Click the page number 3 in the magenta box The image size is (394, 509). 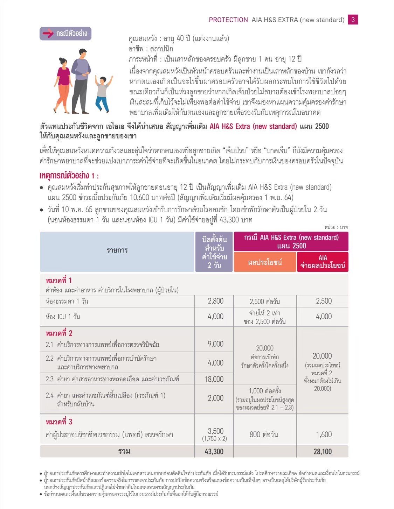click(x=353, y=20)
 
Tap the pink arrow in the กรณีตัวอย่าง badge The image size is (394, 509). click(x=48, y=34)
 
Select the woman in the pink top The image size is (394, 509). click(x=63, y=84)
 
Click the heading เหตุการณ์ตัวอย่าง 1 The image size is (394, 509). click(x=69, y=175)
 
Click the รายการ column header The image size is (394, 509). click(x=117, y=250)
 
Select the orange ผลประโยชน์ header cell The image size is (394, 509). click(x=265, y=262)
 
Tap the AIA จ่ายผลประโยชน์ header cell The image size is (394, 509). click(x=323, y=262)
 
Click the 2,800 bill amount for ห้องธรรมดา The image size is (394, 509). click(x=215, y=301)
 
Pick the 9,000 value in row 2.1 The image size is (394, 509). click(x=215, y=344)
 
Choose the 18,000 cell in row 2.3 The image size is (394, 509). click(x=214, y=379)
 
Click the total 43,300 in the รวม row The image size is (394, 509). click(x=214, y=451)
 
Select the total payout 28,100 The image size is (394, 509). click(x=323, y=451)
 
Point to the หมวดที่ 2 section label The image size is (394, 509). click(x=59, y=333)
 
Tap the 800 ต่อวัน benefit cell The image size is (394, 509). click(x=264, y=434)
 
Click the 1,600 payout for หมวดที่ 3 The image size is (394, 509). click(x=324, y=434)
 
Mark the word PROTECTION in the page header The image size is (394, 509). click(x=228, y=20)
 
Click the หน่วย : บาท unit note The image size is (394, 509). click(x=336, y=227)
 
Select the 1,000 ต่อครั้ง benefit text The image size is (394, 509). click(x=265, y=391)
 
